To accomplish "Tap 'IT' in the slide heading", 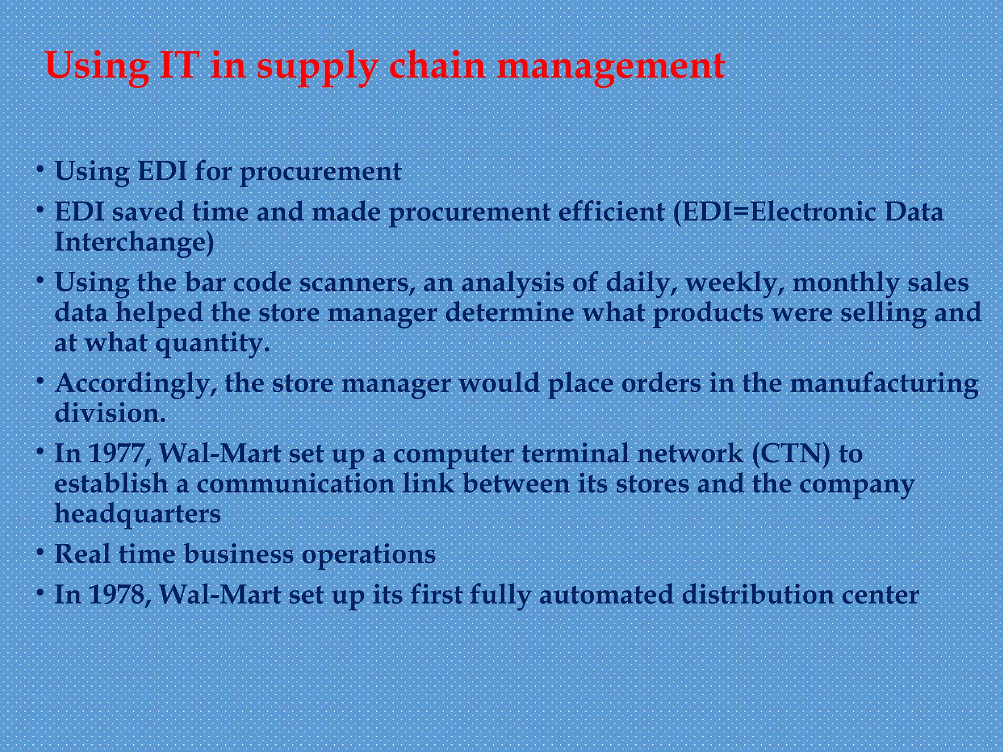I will click(180, 66).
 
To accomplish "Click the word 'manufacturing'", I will click(884, 384).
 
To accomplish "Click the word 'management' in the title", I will click(611, 66).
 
